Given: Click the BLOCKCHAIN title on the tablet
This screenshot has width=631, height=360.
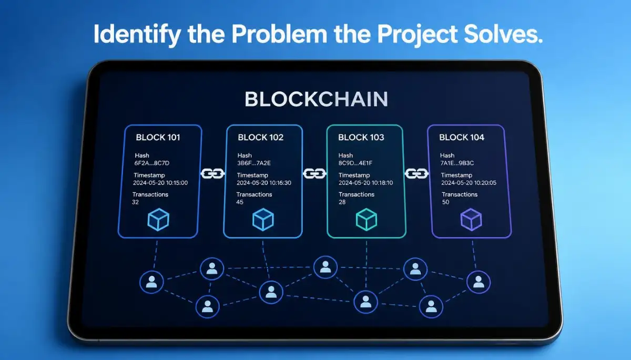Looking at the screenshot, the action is pos(316,99).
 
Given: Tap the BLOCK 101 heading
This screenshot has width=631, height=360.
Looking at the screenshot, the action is pos(158,137).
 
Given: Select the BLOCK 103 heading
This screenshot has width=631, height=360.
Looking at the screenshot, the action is pos(361,137).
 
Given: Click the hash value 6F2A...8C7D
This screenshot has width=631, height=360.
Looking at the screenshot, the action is pos(152,163).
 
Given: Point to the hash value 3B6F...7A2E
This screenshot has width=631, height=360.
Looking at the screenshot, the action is pos(254,163).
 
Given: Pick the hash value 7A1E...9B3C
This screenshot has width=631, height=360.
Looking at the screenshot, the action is pos(457,163).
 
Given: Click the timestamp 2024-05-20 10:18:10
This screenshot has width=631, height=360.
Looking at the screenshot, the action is pos(365,183).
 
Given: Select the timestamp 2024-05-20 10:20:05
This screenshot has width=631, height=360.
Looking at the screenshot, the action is pos(469,183).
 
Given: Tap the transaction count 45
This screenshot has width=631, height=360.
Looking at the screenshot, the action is pos(240,202).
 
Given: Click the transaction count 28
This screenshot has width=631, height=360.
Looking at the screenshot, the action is pos(342,202).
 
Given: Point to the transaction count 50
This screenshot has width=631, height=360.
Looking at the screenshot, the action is pos(446,202).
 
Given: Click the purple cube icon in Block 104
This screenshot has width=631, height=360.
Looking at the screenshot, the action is pos(471,220).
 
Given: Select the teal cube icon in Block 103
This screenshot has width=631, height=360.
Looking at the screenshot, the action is pos(367,220).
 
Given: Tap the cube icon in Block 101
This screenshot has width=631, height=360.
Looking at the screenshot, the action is pos(158,220).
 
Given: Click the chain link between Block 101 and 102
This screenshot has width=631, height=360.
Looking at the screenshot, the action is pos(212,173).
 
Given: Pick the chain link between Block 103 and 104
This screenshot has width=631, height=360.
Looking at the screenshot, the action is pos(416,173).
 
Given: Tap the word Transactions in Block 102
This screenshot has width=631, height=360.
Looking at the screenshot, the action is pos(254,194).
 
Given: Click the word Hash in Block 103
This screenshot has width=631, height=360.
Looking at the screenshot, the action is pos(345,156).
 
